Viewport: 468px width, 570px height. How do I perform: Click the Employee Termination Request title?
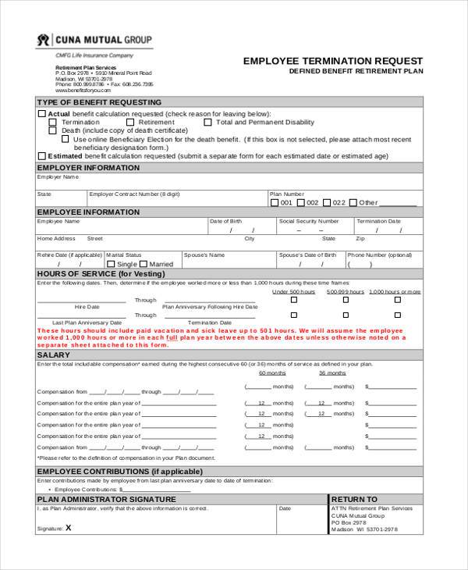point(333,60)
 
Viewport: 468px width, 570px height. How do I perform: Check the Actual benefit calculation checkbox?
point(42,113)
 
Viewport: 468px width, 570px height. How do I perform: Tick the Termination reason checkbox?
point(53,122)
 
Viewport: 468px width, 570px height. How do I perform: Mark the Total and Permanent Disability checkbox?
point(208,122)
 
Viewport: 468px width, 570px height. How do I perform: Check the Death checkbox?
point(53,130)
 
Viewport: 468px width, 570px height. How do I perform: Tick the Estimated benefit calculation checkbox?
point(42,155)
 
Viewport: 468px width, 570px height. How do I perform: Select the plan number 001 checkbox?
point(275,202)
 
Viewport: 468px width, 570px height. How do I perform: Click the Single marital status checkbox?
point(110,264)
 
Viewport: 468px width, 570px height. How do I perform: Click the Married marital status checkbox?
point(144,264)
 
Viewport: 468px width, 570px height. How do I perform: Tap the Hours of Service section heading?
point(101,274)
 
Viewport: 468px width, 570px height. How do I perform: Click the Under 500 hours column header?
point(293,291)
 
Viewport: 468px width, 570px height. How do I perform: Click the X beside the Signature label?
point(69,527)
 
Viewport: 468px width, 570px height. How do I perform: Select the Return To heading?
point(355,499)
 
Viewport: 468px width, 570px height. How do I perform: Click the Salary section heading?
point(54,355)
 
